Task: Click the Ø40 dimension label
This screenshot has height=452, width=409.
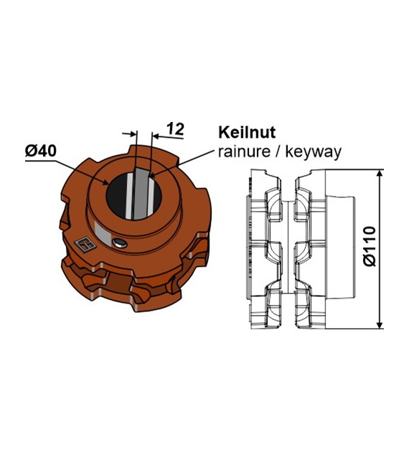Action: (x=40, y=151)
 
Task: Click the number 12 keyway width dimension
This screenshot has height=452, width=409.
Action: (x=176, y=129)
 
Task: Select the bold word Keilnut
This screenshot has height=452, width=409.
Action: (x=247, y=133)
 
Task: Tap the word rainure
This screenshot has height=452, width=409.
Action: (x=245, y=151)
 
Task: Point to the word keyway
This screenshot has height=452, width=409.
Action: (x=313, y=152)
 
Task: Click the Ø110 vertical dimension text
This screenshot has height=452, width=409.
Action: (x=370, y=247)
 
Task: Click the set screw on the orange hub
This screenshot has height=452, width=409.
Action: (x=120, y=243)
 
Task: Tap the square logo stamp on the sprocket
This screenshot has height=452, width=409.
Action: (x=85, y=245)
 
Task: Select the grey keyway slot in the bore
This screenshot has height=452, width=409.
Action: (x=141, y=194)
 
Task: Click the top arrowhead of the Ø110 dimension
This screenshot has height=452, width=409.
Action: (x=380, y=174)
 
